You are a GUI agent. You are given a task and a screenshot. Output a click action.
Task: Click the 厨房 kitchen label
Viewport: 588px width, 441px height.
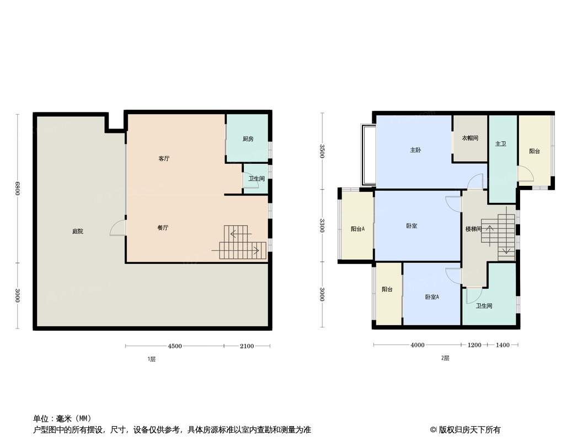tap(248, 139)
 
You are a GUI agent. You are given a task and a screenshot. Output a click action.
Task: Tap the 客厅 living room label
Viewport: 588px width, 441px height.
tap(164, 159)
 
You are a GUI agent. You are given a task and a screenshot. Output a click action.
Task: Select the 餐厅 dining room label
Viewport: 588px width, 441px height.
tap(163, 228)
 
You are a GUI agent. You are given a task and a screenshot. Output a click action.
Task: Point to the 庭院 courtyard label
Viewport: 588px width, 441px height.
tap(78, 231)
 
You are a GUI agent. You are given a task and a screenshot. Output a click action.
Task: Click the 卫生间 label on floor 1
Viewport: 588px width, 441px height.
tap(256, 179)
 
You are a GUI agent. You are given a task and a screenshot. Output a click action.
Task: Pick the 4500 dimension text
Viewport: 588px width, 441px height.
tap(175, 346)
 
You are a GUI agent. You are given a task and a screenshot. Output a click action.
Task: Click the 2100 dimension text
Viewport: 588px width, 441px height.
tap(247, 346)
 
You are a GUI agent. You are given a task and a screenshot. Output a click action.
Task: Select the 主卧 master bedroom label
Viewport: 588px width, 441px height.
tap(415, 150)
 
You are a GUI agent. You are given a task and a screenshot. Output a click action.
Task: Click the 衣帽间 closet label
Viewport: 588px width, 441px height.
tap(471, 138)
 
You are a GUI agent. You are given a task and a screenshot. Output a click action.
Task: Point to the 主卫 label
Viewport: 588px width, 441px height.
tap(501, 143)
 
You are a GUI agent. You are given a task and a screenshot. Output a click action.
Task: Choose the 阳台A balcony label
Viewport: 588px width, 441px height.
tap(358, 229)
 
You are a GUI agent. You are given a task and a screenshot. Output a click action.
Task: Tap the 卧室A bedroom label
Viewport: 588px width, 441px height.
tap(432, 297)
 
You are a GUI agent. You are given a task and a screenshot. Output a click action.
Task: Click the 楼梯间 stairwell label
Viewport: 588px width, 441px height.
tap(473, 229)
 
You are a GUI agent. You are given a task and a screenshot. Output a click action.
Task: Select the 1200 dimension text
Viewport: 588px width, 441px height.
tap(474, 345)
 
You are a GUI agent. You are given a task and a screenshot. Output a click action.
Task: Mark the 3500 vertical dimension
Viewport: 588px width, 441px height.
tap(322, 151)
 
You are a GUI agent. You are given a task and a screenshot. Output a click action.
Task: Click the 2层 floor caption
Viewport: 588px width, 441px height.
tap(445, 358)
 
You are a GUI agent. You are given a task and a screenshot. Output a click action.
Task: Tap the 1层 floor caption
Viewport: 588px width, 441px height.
tap(152, 359)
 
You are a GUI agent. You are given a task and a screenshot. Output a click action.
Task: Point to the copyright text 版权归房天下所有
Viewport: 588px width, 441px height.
tap(469, 430)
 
